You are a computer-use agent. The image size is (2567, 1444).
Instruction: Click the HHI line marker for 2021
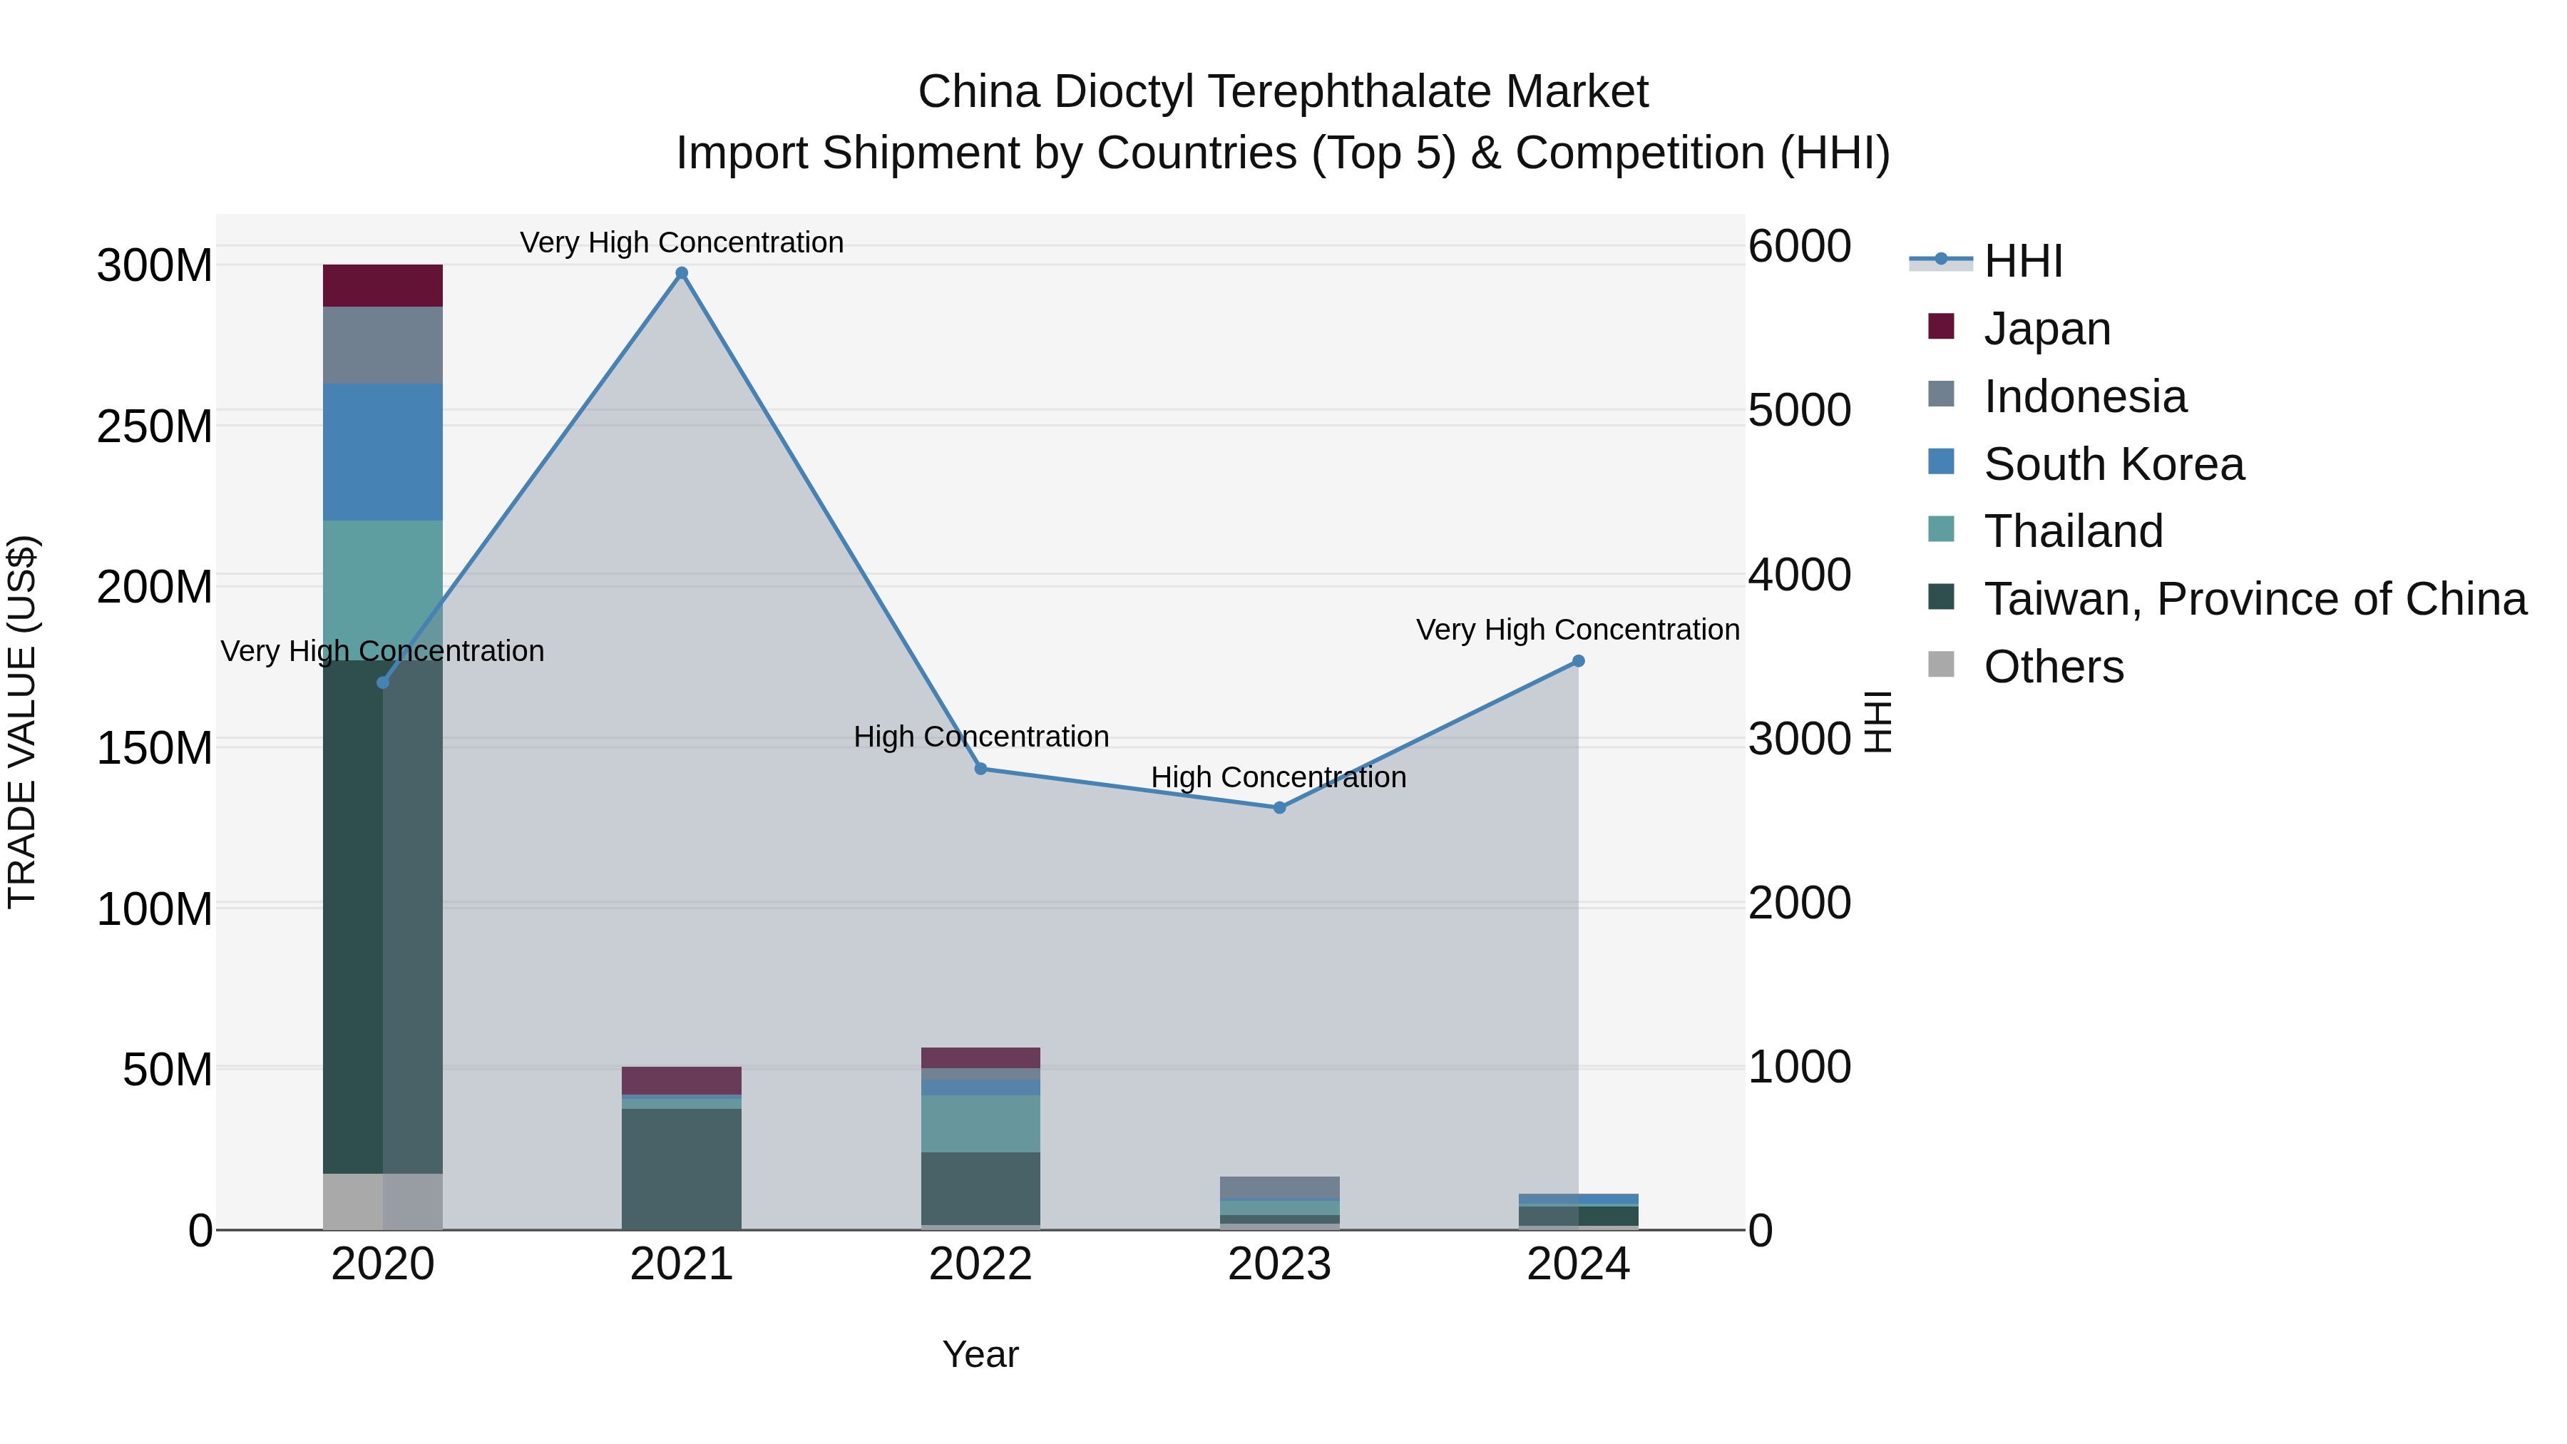(x=682, y=273)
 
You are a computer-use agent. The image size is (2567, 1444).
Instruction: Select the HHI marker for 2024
(x=1579, y=661)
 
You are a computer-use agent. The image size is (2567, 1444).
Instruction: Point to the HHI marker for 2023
(x=1279, y=807)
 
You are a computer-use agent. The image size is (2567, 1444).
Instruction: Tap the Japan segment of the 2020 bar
(x=383, y=286)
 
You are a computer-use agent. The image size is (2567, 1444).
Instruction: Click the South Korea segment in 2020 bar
(x=383, y=451)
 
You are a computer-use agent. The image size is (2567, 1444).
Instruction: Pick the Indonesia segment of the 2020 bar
(x=383, y=345)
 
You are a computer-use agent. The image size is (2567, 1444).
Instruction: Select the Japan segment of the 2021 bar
(x=682, y=1080)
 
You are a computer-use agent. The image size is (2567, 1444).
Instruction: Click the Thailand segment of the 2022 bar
(x=980, y=1123)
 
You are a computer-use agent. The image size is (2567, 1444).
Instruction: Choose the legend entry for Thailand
(x=2073, y=531)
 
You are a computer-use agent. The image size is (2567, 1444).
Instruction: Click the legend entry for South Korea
(x=2113, y=464)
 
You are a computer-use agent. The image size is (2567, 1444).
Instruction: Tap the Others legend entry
(x=2053, y=667)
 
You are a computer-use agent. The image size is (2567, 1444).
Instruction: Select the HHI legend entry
(x=2023, y=261)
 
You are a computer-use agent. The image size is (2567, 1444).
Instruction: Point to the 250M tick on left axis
(x=155, y=426)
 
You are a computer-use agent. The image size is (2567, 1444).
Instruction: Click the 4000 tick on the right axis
(x=1800, y=575)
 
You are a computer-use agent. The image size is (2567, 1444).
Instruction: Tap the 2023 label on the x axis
(x=1279, y=1264)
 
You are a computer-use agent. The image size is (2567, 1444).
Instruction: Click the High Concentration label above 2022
(x=980, y=737)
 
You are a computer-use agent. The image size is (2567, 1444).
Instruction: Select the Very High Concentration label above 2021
(x=682, y=242)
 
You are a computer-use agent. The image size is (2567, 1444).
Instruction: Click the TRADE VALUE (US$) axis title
(x=22, y=722)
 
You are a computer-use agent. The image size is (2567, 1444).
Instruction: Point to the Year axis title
(x=980, y=1354)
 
